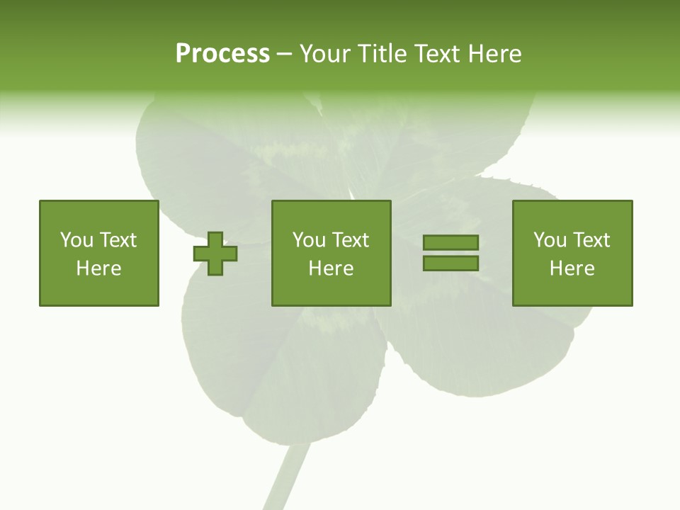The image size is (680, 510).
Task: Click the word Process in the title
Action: pos(222,54)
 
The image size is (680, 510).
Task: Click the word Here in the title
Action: pos(494,54)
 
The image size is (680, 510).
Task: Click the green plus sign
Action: pos(215,253)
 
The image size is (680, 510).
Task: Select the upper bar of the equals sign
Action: pos(450,243)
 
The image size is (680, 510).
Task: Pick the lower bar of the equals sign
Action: pos(450,263)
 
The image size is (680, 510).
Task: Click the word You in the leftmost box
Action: pos(76,240)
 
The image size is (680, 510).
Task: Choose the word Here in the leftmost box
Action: pos(98,268)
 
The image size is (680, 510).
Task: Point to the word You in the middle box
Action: pos(309,240)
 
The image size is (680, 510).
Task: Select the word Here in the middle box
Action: pos(331,268)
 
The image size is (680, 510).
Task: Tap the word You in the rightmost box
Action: pos(550,240)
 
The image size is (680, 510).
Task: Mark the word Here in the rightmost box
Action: pos(572,268)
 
